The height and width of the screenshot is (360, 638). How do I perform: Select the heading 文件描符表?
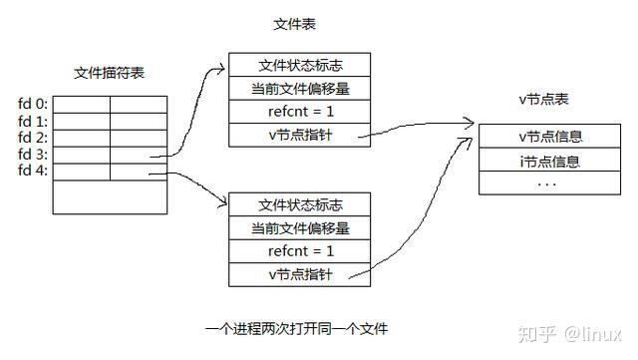point(109,73)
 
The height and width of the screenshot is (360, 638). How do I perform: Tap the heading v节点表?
point(544,101)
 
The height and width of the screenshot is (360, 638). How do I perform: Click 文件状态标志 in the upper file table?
point(299,65)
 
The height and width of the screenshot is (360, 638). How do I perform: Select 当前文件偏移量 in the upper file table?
point(299,88)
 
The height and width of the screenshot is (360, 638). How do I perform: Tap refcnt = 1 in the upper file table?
point(299,111)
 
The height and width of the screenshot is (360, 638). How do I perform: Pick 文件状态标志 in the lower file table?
point(299,204)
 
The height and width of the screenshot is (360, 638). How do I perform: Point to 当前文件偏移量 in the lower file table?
point(299,227)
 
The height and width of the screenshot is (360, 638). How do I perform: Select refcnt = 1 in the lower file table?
point(299,250)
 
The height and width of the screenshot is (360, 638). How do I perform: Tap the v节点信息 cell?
point(550,137)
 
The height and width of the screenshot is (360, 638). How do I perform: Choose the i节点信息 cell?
point(550,161)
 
